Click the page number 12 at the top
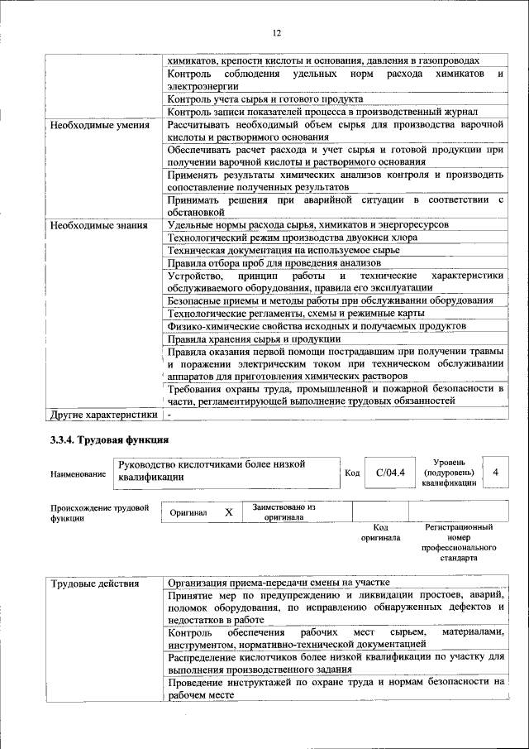tap(276, 32)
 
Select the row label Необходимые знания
tap(98, 225)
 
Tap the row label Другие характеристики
tap(103, 414)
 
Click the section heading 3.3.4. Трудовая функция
tap(110, 439)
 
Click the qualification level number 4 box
tap(495, 472)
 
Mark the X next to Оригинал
tap(229, 512)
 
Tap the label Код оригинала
tap(380, 532)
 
